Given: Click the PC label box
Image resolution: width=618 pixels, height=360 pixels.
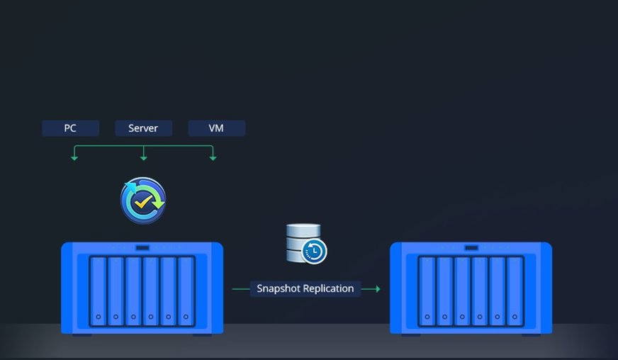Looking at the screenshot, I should click(69, 128).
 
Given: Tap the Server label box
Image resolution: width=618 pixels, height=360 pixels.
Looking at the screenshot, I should click(143, 128).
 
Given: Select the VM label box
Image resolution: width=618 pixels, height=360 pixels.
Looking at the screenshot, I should click(216, 128).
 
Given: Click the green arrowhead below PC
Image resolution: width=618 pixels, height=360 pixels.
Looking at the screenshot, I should click(74, 157).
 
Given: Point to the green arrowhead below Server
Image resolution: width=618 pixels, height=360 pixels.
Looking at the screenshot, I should click(144, 157).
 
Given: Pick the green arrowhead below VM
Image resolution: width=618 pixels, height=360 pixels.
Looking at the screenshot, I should click(213, 157).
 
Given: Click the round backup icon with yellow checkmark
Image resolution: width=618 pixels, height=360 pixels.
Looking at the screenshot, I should click(143, 200).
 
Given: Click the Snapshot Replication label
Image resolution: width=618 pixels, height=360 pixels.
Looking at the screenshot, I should click(305, 288).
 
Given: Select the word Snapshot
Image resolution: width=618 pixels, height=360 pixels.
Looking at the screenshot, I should click(278, 288).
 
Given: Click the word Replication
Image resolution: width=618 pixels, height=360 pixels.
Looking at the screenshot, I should click(328, 288).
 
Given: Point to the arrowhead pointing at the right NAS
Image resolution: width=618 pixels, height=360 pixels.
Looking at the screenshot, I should click(377, 288).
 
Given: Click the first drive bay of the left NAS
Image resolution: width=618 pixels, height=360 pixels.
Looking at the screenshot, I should click(98, 291).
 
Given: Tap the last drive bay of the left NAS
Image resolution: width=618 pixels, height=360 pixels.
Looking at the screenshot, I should click(186, 291).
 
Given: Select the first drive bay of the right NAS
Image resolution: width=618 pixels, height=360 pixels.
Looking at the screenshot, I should click(427, 291).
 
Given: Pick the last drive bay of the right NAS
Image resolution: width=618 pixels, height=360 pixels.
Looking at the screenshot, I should click(515, 291).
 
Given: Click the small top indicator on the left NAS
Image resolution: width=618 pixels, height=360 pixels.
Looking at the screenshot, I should click(142, 247).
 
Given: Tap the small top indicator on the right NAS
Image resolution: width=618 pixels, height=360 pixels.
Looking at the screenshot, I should click(471, 247).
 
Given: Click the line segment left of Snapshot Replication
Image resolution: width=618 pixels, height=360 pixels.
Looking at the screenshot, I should click(241, 288).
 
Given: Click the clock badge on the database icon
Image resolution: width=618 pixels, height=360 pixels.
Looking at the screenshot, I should click(315, 251).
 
